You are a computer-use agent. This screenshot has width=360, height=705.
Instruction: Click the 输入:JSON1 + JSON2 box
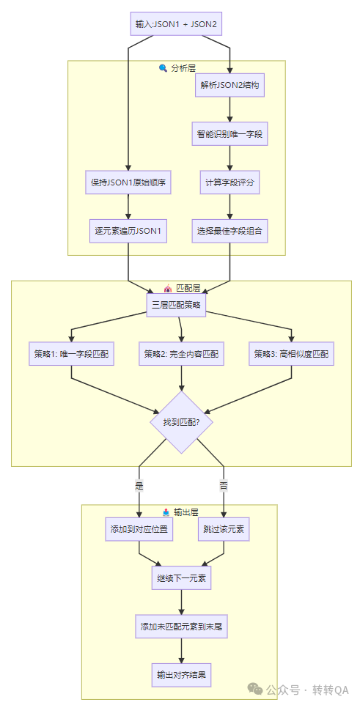click(x=176, y=24)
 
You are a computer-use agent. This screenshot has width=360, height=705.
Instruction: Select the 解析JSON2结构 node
click(x=230, y=85)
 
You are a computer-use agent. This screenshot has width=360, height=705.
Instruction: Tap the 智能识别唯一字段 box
click(x=230, y=134)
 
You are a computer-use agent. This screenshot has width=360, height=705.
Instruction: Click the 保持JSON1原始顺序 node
click(x=128, y=182)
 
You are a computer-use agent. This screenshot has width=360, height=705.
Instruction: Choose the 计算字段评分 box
click(x=230, y=182)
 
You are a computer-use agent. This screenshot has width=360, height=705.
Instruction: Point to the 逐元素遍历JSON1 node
click(x=128, y=231)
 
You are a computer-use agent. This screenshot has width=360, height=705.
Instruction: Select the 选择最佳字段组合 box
click(x=230, y=231)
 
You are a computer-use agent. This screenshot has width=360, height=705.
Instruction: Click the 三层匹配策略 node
click(x=176, y=304)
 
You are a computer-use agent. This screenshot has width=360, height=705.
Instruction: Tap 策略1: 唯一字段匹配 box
click(x=71, y=353)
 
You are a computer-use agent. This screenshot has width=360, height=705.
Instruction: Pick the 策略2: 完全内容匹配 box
click(x=181, y=353)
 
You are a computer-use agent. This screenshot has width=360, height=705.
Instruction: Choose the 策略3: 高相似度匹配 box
click(x=291, y=353)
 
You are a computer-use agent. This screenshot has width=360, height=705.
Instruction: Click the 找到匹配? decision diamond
click(x=181, y=422)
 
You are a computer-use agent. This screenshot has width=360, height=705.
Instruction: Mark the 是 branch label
click(x=139, y=485)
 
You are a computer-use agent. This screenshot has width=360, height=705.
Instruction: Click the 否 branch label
click(x=223, y=485)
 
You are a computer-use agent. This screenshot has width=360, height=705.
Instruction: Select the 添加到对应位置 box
click(x=139, y=529)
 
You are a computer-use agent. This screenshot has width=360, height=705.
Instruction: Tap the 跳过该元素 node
click(x=223, y=529)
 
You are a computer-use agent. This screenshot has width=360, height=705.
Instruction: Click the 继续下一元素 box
click(x=181, y=578)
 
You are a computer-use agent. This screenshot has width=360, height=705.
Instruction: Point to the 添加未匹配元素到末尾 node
click(x=181, y=627)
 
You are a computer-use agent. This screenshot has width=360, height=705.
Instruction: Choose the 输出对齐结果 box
click(x=181, y=675)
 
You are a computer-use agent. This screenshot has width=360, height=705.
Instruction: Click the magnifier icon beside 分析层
click(x=163, y=68)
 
